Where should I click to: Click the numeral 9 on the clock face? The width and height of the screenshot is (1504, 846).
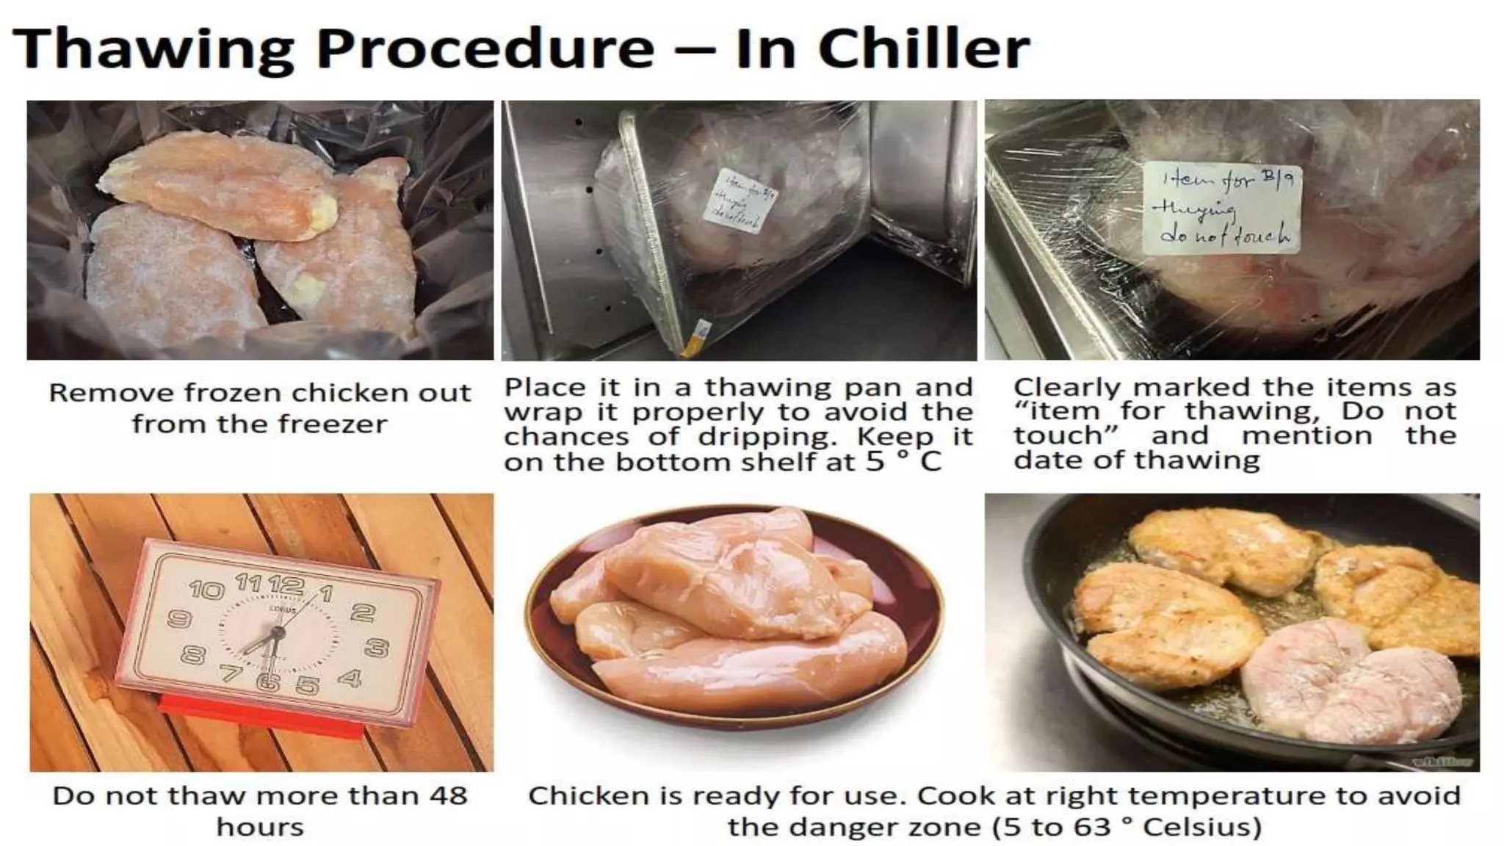(179, 619)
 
